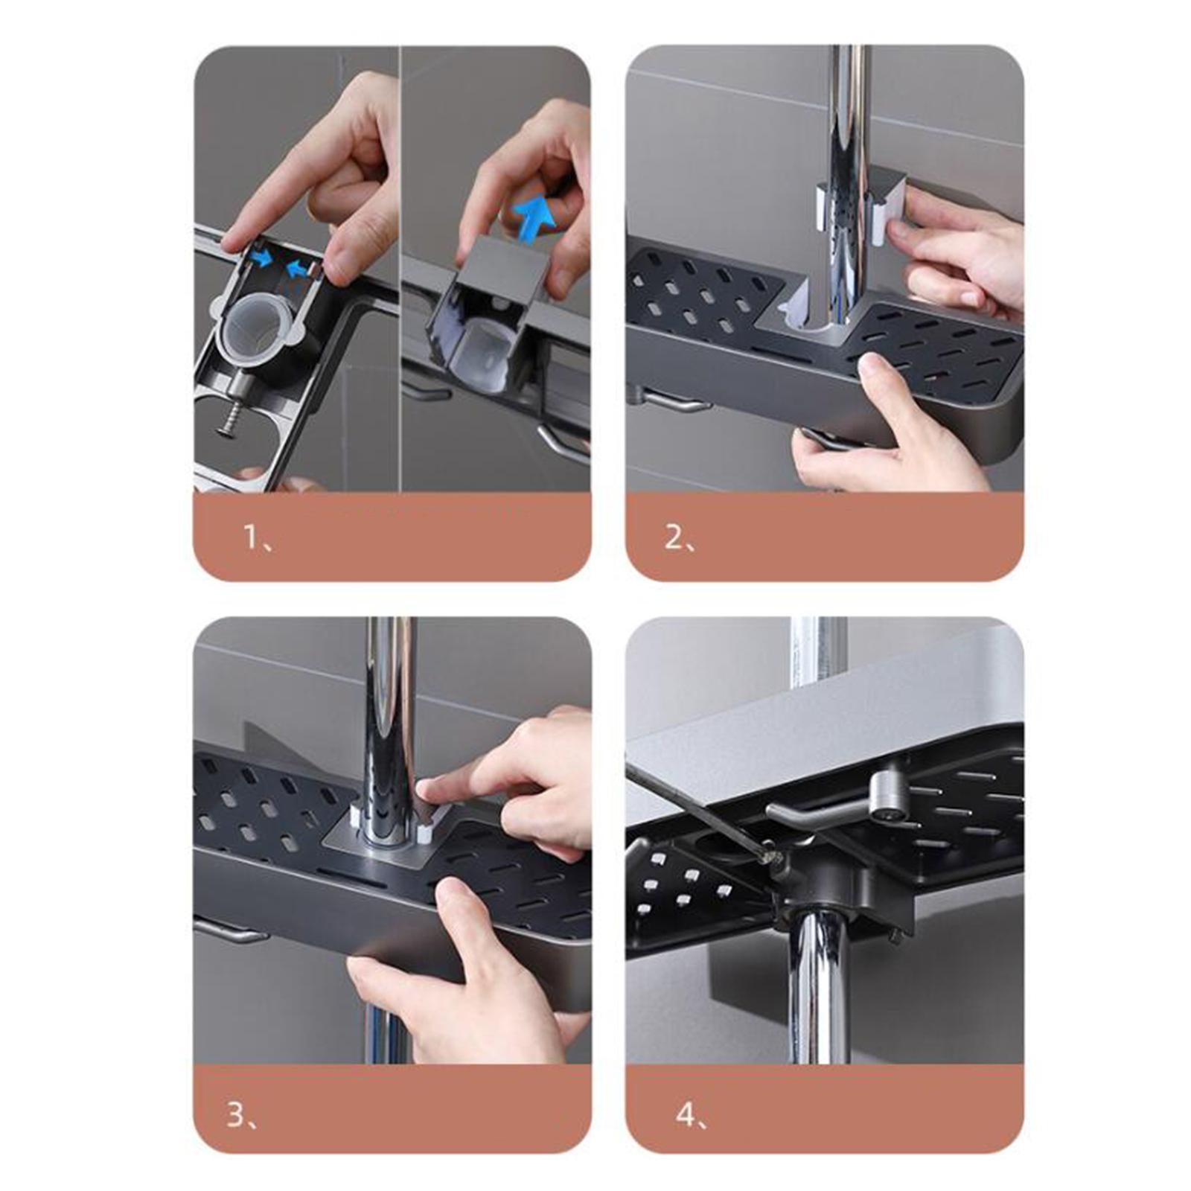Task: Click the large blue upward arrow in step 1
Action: coord(533,218)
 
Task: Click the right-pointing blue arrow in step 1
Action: coord(261,258)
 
